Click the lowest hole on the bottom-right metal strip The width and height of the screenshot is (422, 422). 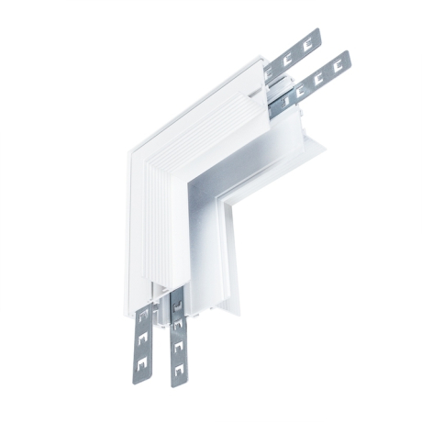tap(179, 372)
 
